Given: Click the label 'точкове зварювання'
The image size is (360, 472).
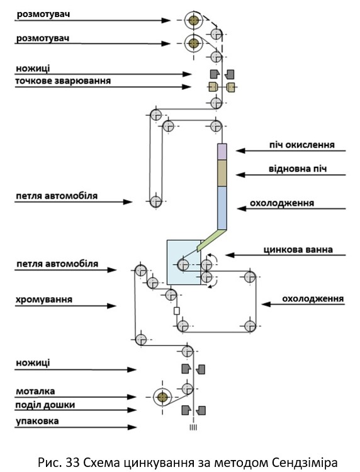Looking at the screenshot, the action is point(63,81).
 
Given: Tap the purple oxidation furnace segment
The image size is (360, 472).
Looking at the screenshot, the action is point(222,152).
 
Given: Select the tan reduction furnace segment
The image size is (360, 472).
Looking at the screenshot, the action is point(222,173).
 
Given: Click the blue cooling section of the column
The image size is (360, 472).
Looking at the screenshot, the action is point(222,208).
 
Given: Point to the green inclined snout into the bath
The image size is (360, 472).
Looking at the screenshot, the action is point(211,240).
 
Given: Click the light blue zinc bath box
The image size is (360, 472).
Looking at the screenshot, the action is point(184,262).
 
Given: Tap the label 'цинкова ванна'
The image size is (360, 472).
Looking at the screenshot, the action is point(298,250).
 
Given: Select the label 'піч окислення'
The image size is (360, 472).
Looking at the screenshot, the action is point(301,145).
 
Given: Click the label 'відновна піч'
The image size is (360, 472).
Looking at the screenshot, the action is point(298,169).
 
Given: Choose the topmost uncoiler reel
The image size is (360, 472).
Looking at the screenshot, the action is point(194,21).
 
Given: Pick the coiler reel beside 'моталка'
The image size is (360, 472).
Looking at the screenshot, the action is point(162,397).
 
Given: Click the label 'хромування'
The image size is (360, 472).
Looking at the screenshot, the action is point(44,300).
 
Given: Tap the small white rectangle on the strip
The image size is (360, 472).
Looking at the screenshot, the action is point(177,311).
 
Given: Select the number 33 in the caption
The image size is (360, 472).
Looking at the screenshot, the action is point(72,463).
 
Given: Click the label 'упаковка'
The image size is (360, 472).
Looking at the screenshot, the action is point(37,421).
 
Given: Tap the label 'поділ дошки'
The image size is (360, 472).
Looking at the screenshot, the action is point(45,405).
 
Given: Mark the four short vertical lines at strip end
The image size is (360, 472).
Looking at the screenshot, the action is point(193,427).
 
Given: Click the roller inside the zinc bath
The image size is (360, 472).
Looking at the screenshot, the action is point(183,265).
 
